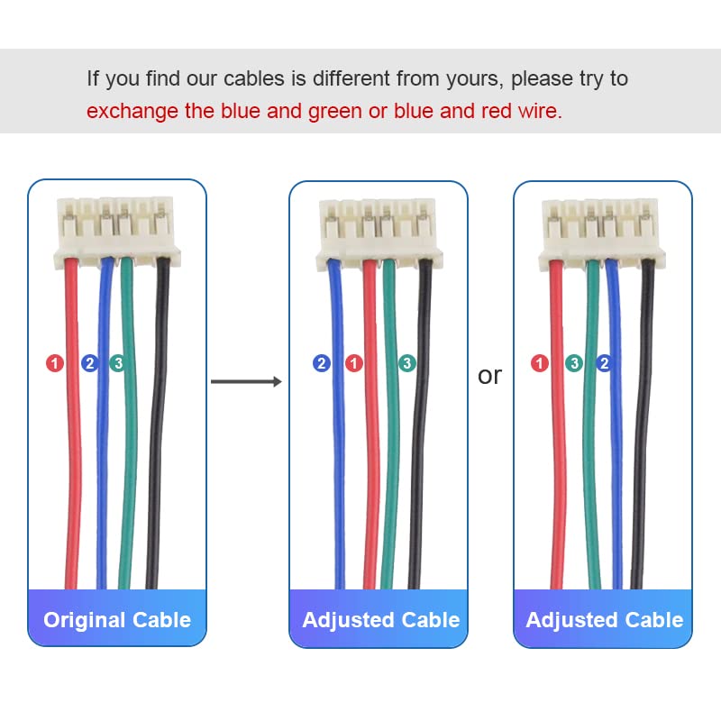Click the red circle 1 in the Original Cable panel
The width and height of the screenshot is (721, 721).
pyautogui.click(x=55, y=363)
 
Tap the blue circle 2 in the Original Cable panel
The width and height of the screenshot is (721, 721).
pyautogui.click(x=89, y=363)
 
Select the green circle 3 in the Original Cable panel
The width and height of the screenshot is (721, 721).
pyautogui.click(x=117, y=363)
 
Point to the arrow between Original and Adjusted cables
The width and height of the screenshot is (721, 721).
pyautogui.click(x=245, y=382)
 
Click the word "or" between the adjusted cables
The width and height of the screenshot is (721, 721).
pyautogui.click(x=489, y=376)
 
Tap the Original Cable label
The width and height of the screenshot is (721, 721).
pyautogui.click(x=117, y=620)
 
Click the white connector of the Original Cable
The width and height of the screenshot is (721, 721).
pyautogui.click(x=117, y=231)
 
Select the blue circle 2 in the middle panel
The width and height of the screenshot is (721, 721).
pyautogui.click(x=322, y=363)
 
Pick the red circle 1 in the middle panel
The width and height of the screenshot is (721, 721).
pyautogui.click(x=354, y=363)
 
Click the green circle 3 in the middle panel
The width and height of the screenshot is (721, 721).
pyautogui.click(x=407, y=363)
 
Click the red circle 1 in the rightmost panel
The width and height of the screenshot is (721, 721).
pyautogui.click(x=540, y=363)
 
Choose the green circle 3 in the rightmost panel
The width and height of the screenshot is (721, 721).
pyautogui.click(x=574, y=363)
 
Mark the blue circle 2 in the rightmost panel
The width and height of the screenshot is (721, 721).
pyautogui.click(x=604, y=363)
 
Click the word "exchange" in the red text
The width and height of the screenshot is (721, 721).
pyautogui.click(x=127, y=112)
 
